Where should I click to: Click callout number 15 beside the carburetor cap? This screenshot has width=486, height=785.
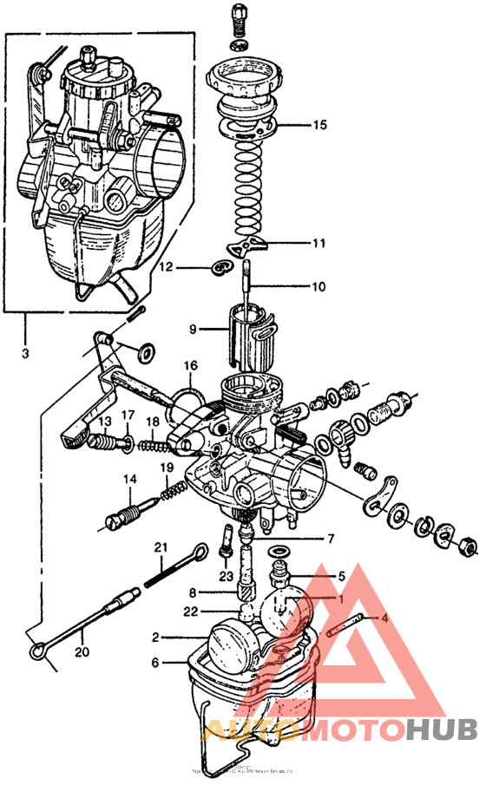(319, 126)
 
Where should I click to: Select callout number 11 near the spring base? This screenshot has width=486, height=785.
(319, 244)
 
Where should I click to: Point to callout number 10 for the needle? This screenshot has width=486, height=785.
(319, 286)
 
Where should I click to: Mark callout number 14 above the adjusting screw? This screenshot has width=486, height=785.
(129, 479)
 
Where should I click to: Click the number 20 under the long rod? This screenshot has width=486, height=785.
(81, 652)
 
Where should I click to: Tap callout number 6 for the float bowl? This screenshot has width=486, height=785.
(155, 663)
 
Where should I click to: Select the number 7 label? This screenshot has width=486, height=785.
(330, 539)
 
